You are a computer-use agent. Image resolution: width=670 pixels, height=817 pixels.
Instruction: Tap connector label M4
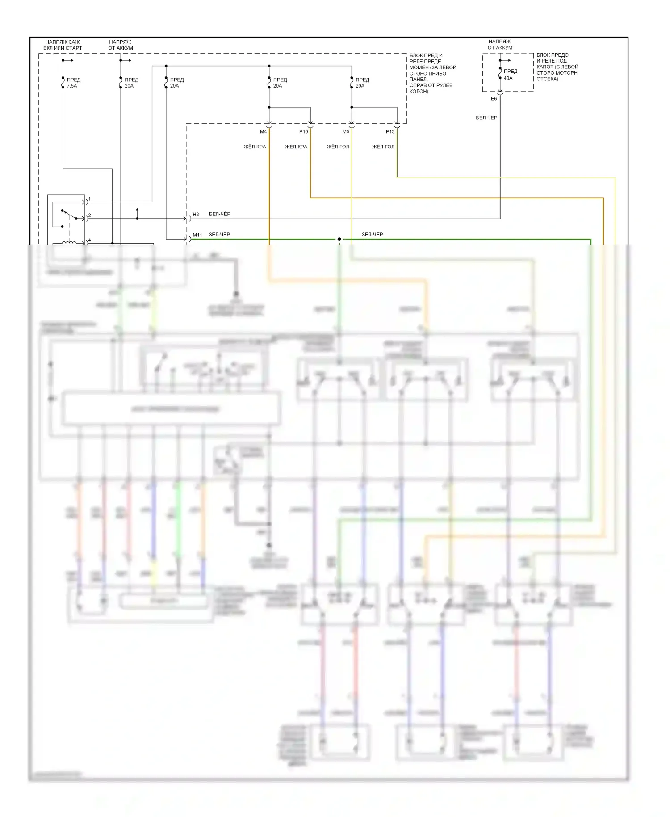(263, 132)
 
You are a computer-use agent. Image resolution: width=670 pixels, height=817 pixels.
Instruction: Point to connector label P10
(303, 132)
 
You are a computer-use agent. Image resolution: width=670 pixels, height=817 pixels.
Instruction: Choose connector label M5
(346, 132)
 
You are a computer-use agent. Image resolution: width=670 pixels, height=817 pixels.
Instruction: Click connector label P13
(390, 132)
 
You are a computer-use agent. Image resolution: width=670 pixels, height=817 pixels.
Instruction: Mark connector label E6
(494, 99)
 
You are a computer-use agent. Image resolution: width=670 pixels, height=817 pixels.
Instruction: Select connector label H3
(196, 215)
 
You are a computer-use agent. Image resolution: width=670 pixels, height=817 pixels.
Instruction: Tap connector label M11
(197, 235)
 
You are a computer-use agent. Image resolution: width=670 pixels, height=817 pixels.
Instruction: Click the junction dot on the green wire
(339, 240)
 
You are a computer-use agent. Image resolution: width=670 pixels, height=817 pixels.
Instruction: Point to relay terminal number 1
(90, 199)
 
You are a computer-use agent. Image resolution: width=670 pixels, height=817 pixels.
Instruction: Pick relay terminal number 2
(90, 215)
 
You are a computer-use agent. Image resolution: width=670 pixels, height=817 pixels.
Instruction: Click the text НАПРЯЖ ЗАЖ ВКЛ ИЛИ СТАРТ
(63, 45)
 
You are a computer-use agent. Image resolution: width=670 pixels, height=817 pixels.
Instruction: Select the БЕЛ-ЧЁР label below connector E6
(486, 118)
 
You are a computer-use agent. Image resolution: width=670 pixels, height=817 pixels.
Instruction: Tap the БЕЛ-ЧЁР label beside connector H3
(220, 214)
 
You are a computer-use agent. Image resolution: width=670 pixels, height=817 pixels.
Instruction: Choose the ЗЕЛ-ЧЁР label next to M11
(220, 235)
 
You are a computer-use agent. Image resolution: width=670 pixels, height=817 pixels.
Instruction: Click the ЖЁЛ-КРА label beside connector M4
(255, 147)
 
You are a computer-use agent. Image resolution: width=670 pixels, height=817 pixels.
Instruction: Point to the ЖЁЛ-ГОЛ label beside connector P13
(383, 147)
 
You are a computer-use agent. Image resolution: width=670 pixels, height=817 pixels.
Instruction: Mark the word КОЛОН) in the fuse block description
(419, 92)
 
